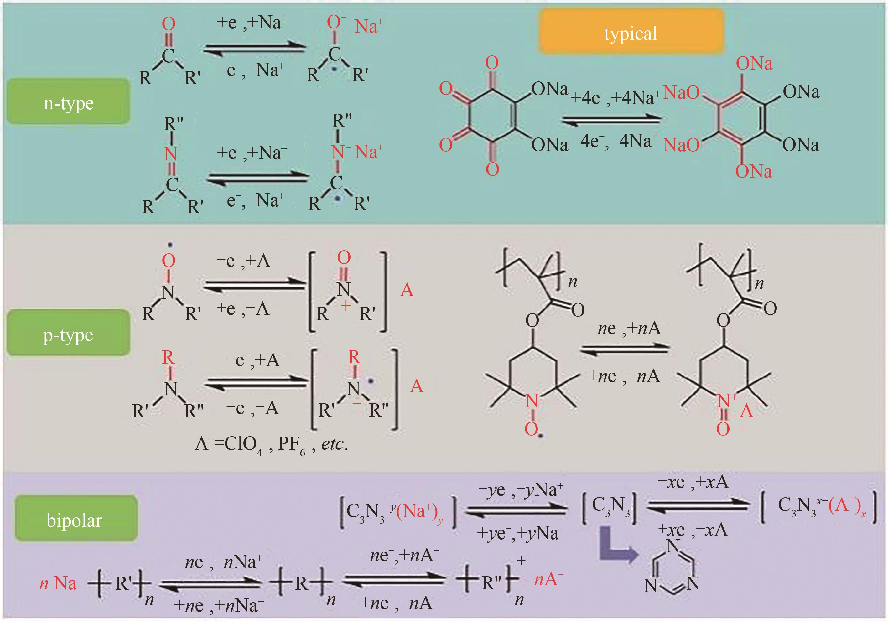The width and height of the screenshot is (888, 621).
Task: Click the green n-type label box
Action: (x=69, y=101)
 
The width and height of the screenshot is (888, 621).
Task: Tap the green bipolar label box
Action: (x=76, y=519)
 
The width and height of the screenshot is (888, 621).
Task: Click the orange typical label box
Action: (x=631, y=32)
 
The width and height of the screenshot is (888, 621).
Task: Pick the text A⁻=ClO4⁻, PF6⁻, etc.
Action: (x=272, y=445)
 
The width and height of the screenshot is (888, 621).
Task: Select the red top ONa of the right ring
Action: (x=754, y=63)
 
